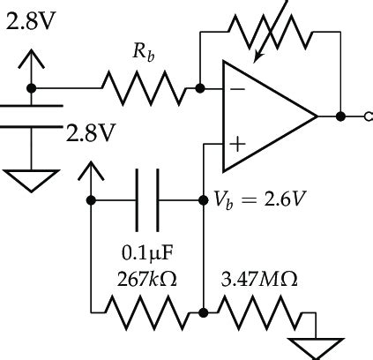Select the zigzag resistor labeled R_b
click(x=144, y=88)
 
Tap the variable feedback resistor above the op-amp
click(x=270, y=34)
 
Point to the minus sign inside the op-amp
click(x=235, y=88)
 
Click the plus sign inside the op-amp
click(x=235, y=141)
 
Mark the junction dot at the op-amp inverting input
click(x=202, y=88)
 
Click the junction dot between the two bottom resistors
click(x=202, y=311)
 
